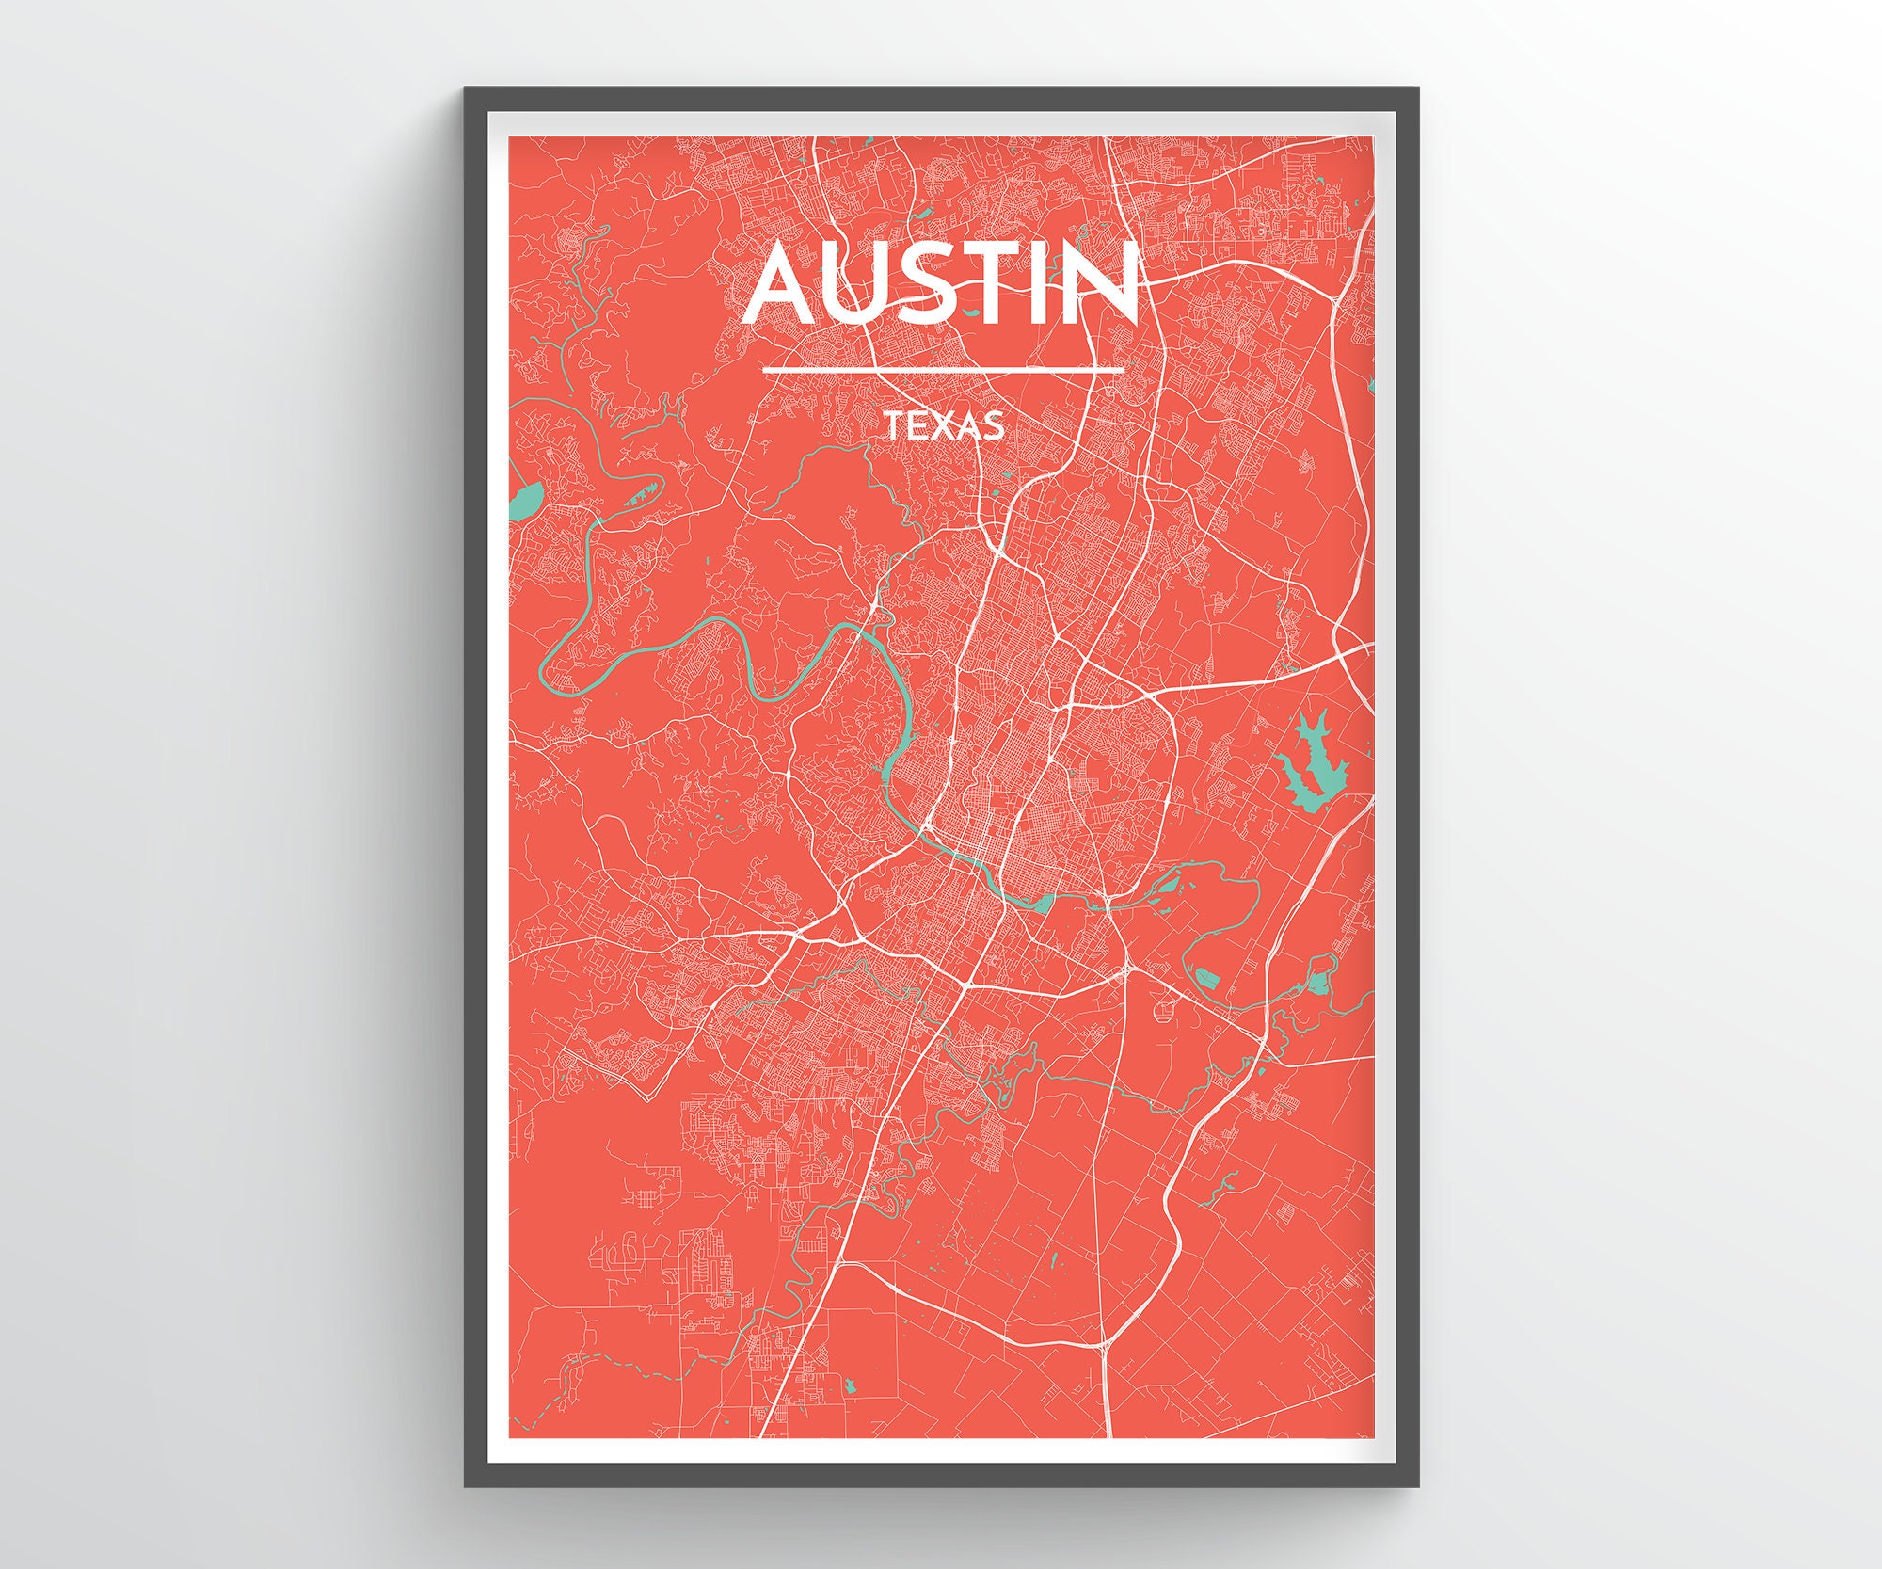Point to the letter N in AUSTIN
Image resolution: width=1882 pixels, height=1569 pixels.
coord(1102,282)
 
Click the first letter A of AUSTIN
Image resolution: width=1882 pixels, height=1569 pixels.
coord(782,282)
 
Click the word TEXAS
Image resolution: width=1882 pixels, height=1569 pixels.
coord(944,427)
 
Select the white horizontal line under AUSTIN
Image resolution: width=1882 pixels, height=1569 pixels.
coord(943,370)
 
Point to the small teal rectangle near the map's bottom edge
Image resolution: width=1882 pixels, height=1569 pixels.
coord(852,1385)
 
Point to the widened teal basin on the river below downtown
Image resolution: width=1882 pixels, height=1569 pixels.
coord(1043,904)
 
